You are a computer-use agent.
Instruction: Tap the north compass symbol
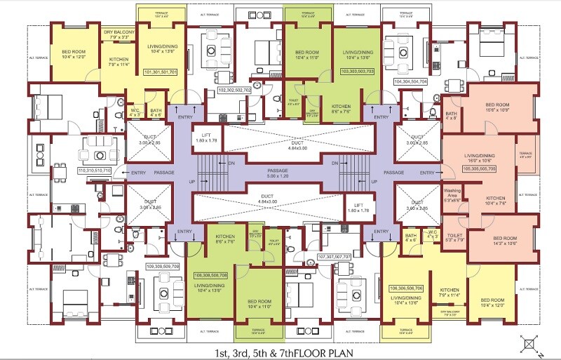pos(531,344)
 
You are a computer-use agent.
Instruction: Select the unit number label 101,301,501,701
pos(161,72)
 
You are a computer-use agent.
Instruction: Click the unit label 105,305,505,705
pos(478,169)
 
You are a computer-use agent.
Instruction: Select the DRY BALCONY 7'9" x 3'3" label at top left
pos(119,35)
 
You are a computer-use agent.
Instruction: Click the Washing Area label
pos(452,194)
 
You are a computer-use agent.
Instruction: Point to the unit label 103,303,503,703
pos(358,72)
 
